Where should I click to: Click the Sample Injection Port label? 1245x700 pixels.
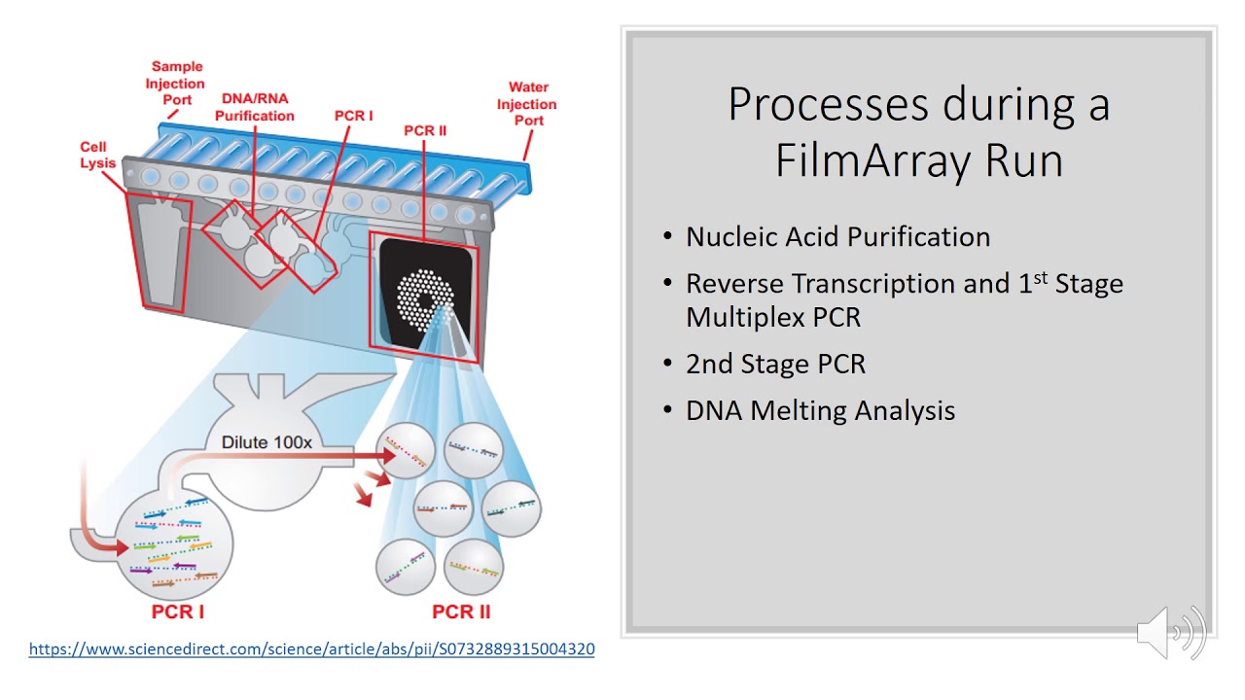(175, 84)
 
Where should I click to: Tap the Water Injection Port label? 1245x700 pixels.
(528, 104)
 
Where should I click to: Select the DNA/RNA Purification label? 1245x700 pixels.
(254, 107)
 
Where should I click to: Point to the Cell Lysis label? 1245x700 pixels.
(97, 155)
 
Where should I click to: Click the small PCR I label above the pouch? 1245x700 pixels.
(353, 116)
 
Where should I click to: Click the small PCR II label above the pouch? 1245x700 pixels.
(425, 130)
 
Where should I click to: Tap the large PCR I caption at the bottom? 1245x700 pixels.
(178, 612)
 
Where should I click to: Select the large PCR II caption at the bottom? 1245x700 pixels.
(461, 612)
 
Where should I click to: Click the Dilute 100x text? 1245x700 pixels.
(267, 442)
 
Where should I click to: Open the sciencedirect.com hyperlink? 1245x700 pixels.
(311, 648)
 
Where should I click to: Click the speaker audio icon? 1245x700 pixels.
(1171, 632)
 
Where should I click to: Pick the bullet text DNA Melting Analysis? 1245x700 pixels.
(820, 410)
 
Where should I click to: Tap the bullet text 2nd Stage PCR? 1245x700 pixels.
(775, 364)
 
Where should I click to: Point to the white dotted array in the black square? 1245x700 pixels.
(424, 297)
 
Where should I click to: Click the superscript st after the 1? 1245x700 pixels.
(1040, 277)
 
